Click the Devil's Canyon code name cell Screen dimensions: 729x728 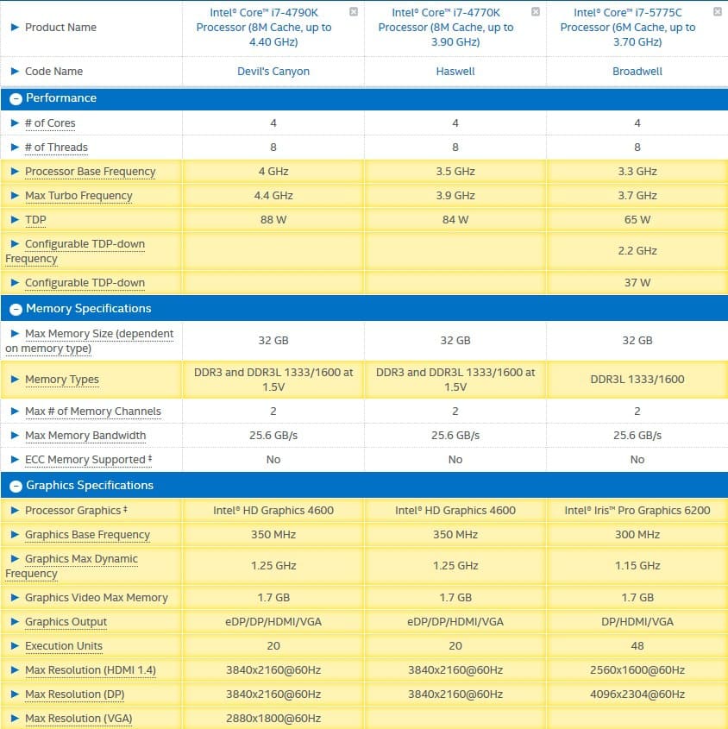(x=273, y=72)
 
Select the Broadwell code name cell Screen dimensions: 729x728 (x=637, y=72)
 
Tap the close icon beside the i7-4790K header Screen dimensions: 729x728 (x=354, y=12)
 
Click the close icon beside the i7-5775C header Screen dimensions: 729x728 (x=718, y=12)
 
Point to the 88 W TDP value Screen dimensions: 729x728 (x=273, y=220)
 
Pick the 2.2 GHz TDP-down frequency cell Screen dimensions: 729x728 (x=637, y=251)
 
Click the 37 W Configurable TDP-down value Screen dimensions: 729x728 (x=637, y=283)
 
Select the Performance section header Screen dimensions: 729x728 (x=60, y=98)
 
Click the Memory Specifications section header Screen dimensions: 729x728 (x=88, y=309)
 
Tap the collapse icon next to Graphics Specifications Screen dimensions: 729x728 (x=15, y=486)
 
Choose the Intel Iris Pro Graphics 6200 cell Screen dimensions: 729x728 (x=637, y=511)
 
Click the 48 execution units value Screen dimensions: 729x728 (x=637, y=646)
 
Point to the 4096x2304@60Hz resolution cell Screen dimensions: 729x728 (x=637, y=694)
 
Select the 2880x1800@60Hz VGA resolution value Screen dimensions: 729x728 (x=273, y=719)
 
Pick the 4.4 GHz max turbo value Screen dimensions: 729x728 (x=273, y=196)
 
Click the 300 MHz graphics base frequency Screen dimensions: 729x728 (x=637, y=535)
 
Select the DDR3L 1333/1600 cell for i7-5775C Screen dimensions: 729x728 (x=637, y=380)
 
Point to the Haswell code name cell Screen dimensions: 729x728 (x=455, y=72)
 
